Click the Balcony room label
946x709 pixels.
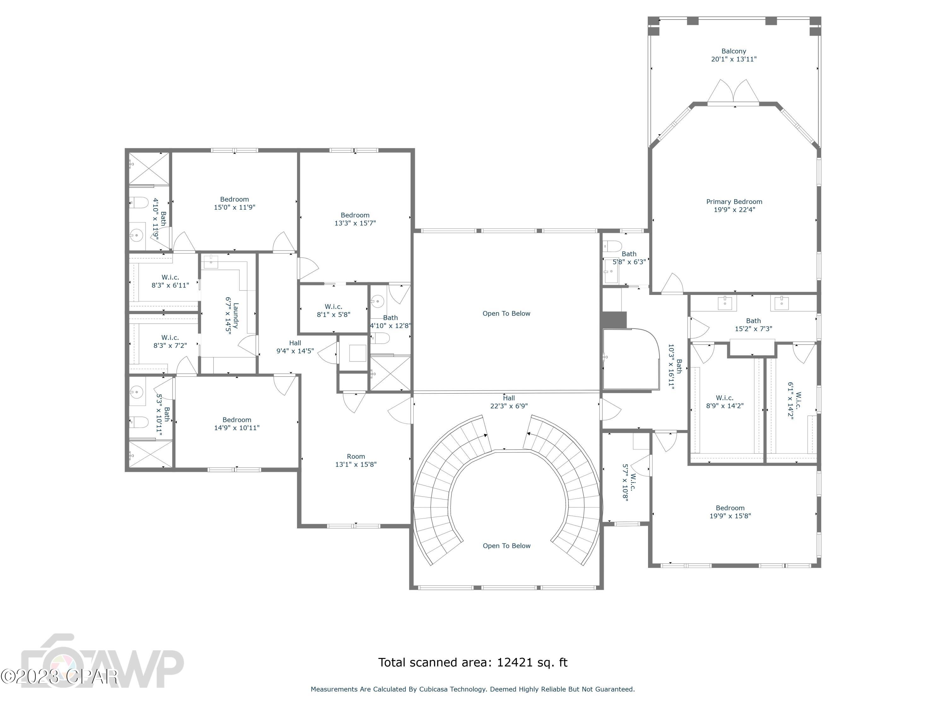point(733,51)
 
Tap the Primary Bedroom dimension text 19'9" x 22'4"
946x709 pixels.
point(734,210)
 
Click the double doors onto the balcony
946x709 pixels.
point(733,92)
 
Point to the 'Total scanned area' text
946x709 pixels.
point(473,662)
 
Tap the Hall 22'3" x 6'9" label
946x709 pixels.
point(509,402)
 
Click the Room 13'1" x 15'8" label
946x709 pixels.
point(355,460)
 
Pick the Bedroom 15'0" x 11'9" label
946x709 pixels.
point(234,203)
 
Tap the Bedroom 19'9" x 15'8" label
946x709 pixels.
point(730,511)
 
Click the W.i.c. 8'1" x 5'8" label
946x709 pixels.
point(333,310)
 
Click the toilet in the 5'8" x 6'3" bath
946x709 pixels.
point(612,246)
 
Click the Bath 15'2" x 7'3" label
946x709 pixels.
point(753,324)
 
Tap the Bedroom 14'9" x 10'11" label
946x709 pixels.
point(237,424)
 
